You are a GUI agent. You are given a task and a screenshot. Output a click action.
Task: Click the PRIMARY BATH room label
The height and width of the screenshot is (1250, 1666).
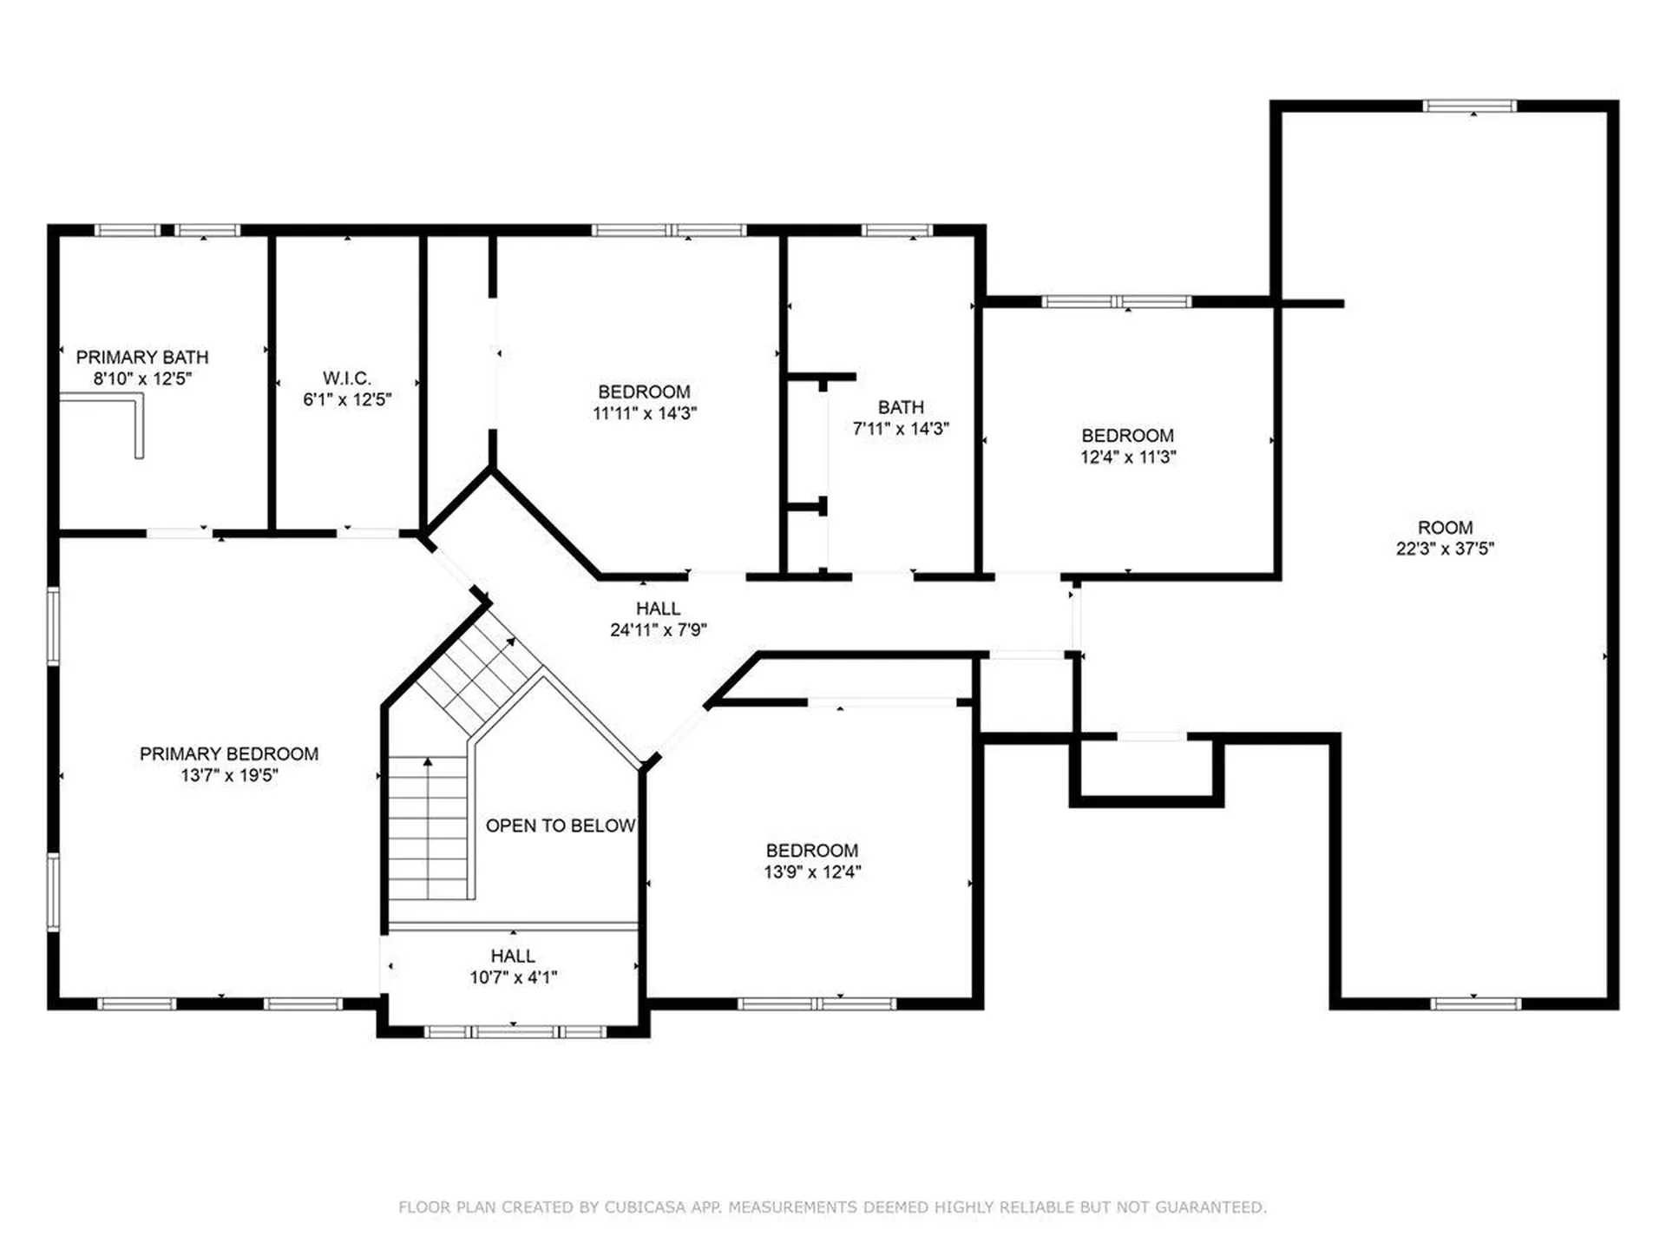pos(142,357)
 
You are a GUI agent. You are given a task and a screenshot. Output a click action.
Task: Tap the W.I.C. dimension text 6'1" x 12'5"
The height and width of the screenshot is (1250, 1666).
pos(347,400)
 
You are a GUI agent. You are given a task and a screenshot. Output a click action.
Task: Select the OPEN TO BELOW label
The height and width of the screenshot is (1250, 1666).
pos(561,826)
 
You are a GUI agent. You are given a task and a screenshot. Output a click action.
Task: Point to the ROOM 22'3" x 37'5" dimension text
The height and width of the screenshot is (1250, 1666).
pos(1445,549)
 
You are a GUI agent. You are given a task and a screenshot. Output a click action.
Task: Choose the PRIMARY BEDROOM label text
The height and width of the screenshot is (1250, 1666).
pos(229,753)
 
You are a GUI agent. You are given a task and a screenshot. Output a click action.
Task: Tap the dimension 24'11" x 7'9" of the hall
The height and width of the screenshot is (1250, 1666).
pos(658,630)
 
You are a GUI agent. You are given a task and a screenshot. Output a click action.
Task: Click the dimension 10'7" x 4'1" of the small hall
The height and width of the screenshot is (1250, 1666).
pos(513,977)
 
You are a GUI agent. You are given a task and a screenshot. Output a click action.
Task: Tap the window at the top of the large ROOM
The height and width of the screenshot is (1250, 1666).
pos(1469,106)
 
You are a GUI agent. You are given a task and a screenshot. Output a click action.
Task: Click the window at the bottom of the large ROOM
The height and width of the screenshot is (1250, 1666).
pos(1475,1003)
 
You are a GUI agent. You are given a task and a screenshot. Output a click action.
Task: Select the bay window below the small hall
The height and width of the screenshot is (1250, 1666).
pos(515,1032)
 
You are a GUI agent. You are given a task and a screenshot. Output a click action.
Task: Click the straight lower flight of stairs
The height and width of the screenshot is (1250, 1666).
pos(428,829)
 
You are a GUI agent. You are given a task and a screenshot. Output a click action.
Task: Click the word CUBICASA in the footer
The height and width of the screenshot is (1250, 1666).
pos(641,1207)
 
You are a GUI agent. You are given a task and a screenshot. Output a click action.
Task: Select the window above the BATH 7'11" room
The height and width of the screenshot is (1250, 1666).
pos(896,230)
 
